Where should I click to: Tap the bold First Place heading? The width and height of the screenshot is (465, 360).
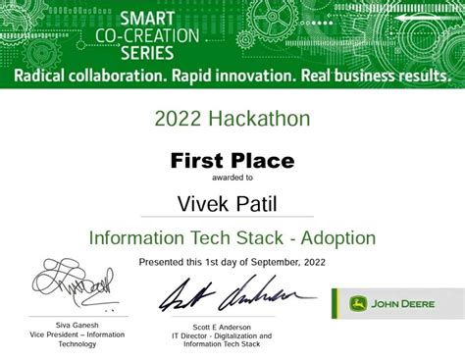(x=232, y=161)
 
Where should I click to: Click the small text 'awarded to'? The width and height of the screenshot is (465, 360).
(x=232, y=179)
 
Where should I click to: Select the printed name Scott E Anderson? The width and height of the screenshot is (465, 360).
(x=222, y=327)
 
